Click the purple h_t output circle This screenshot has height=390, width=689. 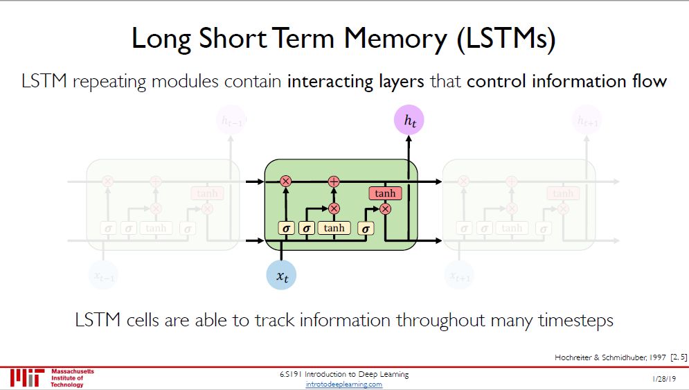[409, 122]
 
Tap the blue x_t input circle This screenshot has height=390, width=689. [282, 275]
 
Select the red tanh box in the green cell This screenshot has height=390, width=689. [385, 193]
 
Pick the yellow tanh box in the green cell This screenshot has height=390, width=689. [334, 227]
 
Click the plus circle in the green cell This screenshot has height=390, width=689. [334, 181]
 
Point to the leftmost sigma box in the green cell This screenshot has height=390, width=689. [285, 227]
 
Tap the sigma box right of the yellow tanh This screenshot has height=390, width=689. [366, 227]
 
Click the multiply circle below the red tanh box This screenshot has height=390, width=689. [386, 208]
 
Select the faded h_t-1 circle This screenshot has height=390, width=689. [231, 122]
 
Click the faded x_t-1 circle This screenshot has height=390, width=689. [104, 276]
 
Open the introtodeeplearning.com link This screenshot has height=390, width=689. [343, 384]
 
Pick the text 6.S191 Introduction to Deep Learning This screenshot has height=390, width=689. [343, 375]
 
